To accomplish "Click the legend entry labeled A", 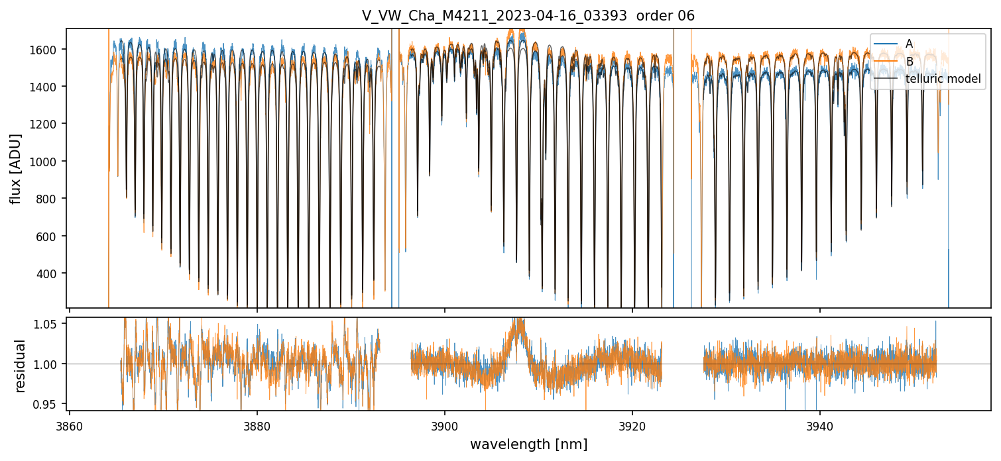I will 909,44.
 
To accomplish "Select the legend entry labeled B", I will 909,62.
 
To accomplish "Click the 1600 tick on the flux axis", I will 48,50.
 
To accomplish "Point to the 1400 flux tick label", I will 48,87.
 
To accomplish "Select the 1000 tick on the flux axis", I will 48,162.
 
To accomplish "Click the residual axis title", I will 20,366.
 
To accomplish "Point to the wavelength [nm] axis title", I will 528,444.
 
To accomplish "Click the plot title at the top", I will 528,16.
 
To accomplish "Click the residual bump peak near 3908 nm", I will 517,321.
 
